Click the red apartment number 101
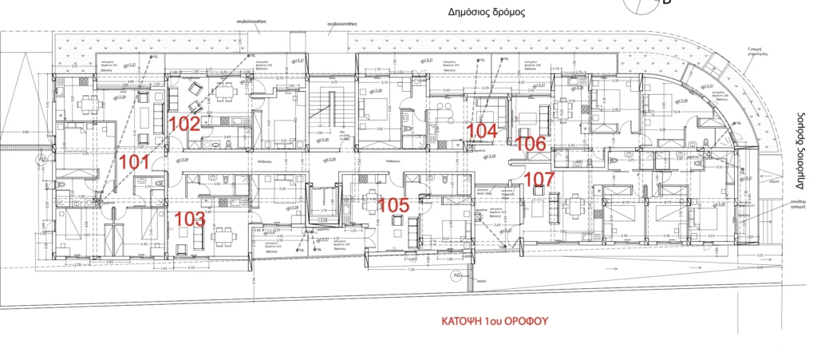click(x=134, y=163)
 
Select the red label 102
click(x=184, y=124)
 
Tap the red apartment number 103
click(x=190, y=218)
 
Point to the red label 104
click(x=482, y=130)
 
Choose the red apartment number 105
click(x=393, y=205)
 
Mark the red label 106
click(x=531, y=144)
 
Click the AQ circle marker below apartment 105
click(x=457, y=275)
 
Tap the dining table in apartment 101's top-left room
click(x=89, y=102)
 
